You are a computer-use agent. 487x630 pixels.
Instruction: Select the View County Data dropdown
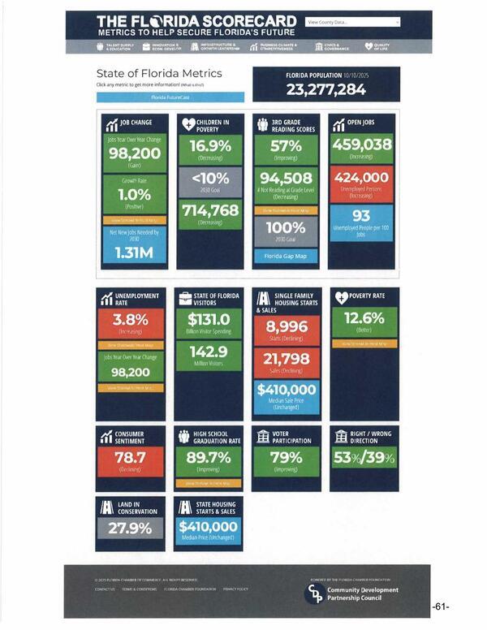pos(353,22)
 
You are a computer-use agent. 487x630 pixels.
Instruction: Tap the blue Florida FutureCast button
pos(170,97)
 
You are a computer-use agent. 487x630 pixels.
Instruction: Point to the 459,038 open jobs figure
pos(362,145)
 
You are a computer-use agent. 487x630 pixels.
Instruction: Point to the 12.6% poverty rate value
pos(364,317)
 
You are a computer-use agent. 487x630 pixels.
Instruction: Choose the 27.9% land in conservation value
pos(130,528)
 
